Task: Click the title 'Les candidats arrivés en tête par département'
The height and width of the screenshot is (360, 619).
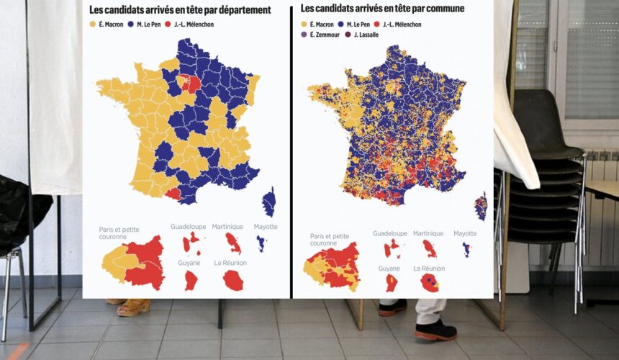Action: tap(180, 10)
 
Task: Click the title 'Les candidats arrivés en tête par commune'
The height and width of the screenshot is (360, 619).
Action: tap(382, 9)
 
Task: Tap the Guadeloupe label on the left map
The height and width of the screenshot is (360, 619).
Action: tap(188, 227)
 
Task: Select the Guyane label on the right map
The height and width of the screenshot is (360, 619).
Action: tap(388, 269)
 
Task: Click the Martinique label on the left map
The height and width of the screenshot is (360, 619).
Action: tap(227, 227)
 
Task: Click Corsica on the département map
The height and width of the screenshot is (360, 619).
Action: tap(269, 202)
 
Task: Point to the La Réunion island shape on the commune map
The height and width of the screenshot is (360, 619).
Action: tap(430, 283)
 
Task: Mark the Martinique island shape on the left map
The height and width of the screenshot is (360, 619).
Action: tap(233, 243)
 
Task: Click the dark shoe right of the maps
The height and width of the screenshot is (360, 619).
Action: tap(435, 330)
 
